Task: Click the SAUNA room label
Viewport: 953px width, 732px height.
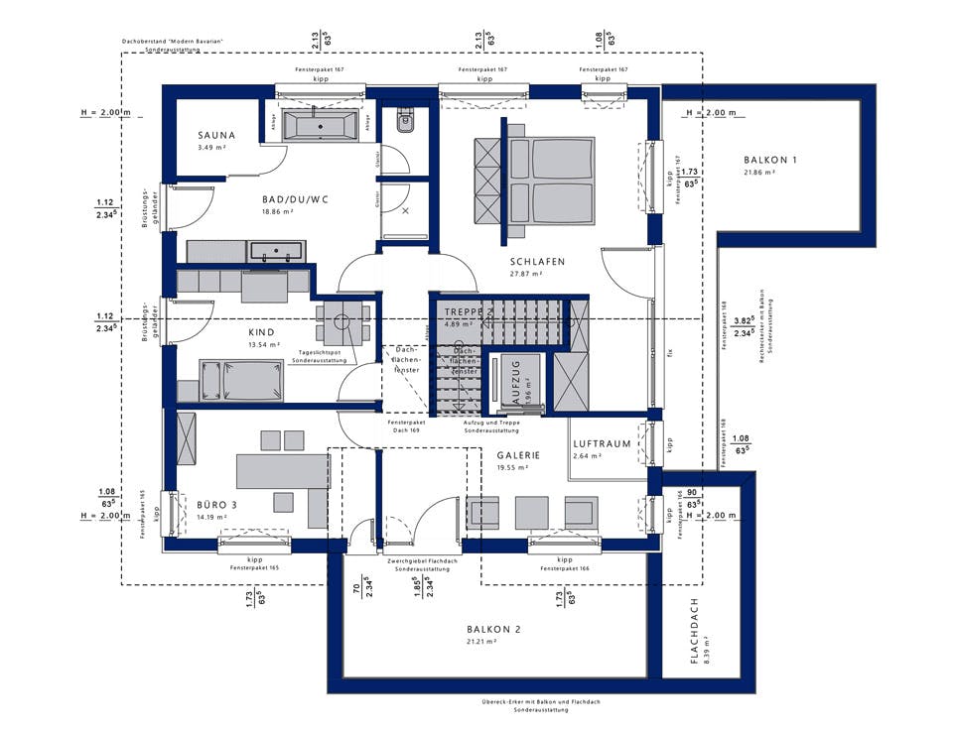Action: point(216,136)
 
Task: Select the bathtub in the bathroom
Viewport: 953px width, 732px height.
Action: point(320,125)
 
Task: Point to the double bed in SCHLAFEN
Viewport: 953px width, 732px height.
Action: point(550,187)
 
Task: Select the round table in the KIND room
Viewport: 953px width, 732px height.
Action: point(343,322)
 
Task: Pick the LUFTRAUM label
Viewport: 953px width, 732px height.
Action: point(603,443)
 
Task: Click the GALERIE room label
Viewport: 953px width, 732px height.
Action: point(518,455)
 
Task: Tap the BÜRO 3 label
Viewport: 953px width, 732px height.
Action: point(216,505)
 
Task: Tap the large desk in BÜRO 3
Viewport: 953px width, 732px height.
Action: point(282,471)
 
